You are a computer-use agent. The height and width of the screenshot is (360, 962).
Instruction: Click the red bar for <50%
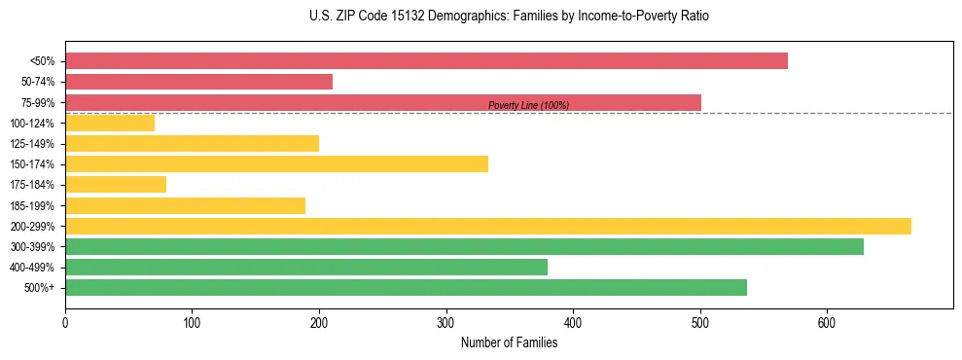(426, 61)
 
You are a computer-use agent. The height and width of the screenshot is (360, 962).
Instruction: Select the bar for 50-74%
(198, 82)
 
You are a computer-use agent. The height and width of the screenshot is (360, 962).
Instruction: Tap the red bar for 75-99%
(383, 102)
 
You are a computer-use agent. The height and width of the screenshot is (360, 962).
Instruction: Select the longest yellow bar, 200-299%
(487, 226)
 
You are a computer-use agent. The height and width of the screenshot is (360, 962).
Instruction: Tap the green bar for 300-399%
(464, 247)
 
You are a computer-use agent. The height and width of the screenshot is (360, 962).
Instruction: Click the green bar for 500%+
(406, 288)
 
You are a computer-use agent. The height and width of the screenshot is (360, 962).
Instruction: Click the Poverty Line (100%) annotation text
(528, 105)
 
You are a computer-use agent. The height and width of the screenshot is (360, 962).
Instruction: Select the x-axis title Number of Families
(509, 342)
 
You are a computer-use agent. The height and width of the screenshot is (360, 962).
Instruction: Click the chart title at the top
(509, 17)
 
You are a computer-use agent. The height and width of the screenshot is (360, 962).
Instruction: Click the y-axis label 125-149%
(32, 144)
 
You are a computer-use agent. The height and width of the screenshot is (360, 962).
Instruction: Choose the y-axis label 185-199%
(32, 206)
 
